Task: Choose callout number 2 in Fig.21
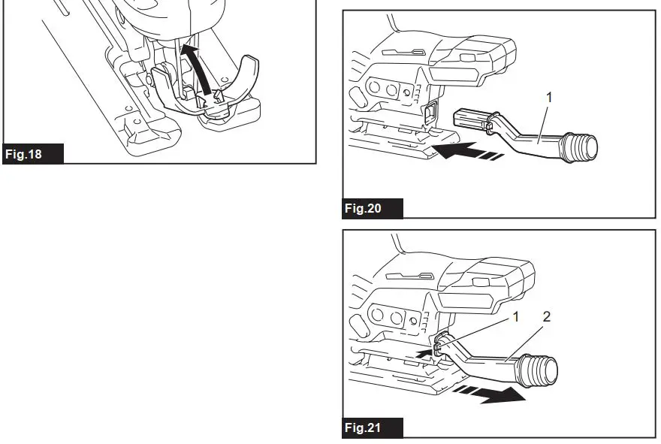click(546, 318)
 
